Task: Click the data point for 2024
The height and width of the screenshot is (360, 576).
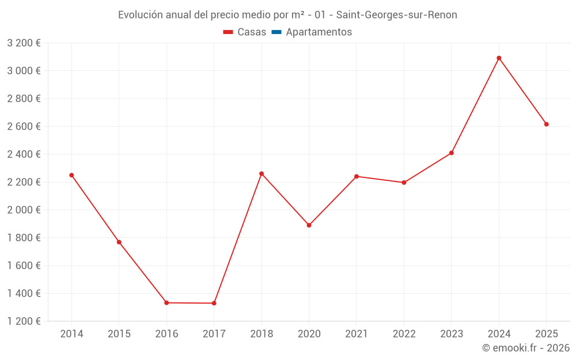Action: click(x=499, y=58)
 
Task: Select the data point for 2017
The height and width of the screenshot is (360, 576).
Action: click(x=214, y=303)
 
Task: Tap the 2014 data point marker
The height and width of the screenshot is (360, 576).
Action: click(x=71, y=175)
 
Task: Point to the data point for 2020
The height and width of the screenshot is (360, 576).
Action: click(x=309, y=225)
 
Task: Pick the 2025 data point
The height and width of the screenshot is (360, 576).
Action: click(x=547, y=124)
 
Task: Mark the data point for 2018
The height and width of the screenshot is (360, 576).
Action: click(x=262, y=173)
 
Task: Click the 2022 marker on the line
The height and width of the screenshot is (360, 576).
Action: click(x=404, y=183)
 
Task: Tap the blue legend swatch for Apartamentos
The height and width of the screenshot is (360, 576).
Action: click(x=276, y=32)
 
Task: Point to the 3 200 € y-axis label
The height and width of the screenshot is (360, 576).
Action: click(x=24, y=43)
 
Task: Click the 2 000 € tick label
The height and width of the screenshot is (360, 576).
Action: click(x=24, y=210)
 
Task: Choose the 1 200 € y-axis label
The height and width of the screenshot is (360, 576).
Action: click(x=24, y=321)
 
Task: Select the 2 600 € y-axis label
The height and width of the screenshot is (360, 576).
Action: click(x=24, y=127)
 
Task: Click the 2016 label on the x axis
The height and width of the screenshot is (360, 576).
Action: click(x=166, y=334)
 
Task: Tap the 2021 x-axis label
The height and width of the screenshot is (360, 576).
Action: click(x=357, y=334)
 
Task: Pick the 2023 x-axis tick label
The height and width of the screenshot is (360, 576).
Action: click(x=452, y=334)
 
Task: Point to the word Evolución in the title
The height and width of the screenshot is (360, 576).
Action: click(x=140, y=15)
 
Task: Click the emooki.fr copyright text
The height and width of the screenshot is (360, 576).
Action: click(x=526, y=348)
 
